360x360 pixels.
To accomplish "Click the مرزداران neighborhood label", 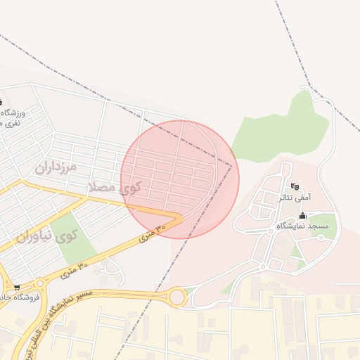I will point(53,167).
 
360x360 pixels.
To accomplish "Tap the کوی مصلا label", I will point(114,187).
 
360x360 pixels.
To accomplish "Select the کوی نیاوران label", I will point(46,236).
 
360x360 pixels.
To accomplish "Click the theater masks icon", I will point(296,186).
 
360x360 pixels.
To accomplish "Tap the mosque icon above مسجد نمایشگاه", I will point(303,215).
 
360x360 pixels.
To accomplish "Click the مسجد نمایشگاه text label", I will point(302,225).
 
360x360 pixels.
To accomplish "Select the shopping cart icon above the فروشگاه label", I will point(17,287).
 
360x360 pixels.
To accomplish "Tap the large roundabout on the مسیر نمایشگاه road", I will point(176,297).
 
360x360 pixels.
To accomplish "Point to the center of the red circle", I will point(180,179).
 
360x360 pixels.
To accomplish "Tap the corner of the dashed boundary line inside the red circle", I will point(231,166).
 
